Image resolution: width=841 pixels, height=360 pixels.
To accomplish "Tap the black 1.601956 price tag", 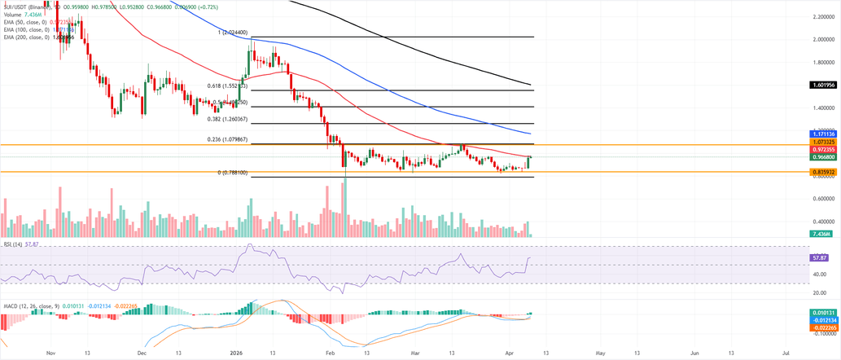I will pos(825,85).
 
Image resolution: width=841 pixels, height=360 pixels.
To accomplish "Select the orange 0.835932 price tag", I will pos(825,172).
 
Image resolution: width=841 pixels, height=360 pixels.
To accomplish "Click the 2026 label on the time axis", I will pos(236,353).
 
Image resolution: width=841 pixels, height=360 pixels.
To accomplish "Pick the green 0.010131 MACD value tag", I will pos(825,313).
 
